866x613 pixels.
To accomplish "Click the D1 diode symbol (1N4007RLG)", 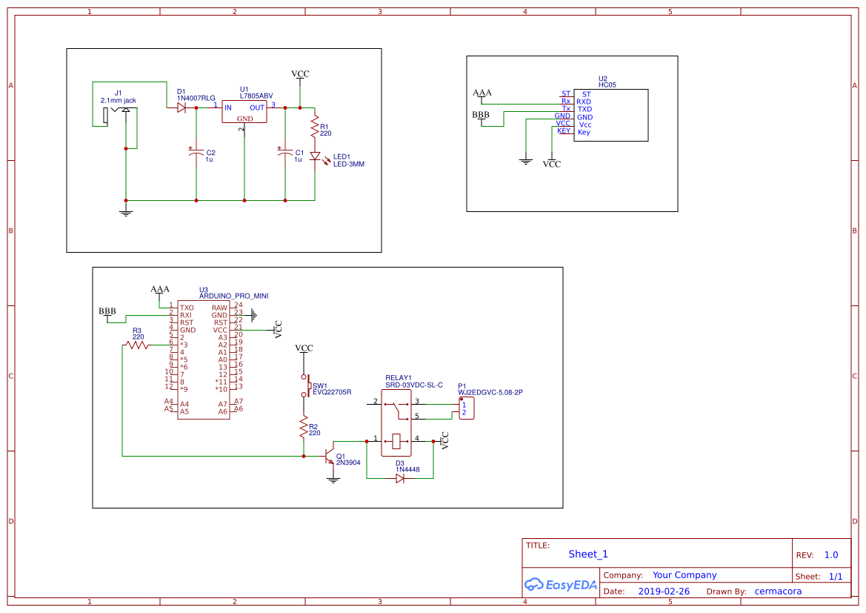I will click(181, 107).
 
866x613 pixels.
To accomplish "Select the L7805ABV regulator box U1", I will click(244, 112).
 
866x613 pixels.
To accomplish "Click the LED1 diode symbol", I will click(314, 156).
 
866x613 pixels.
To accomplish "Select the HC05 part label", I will click(607, 85).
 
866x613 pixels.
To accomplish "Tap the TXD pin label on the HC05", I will click(584, 109).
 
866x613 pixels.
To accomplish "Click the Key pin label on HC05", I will click(584, 132).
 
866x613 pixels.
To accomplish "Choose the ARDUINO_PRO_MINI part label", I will click(233, 296).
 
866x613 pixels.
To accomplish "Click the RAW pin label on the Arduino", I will click(219, 308).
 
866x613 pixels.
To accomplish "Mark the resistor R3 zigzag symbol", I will click(137, 345).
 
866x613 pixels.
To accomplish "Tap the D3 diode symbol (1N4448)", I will click(400, 479).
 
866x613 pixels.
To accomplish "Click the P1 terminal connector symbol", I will click(466, 408).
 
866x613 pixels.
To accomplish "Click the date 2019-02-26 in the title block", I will click(663, 592).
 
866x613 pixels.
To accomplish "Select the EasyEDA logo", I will click(560, 584).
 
